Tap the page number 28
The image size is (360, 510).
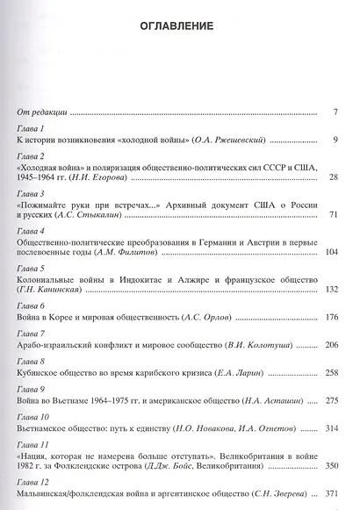coord(333,177)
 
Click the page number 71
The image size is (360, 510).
coord(333,215)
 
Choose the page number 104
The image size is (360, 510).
coord(330,253)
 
